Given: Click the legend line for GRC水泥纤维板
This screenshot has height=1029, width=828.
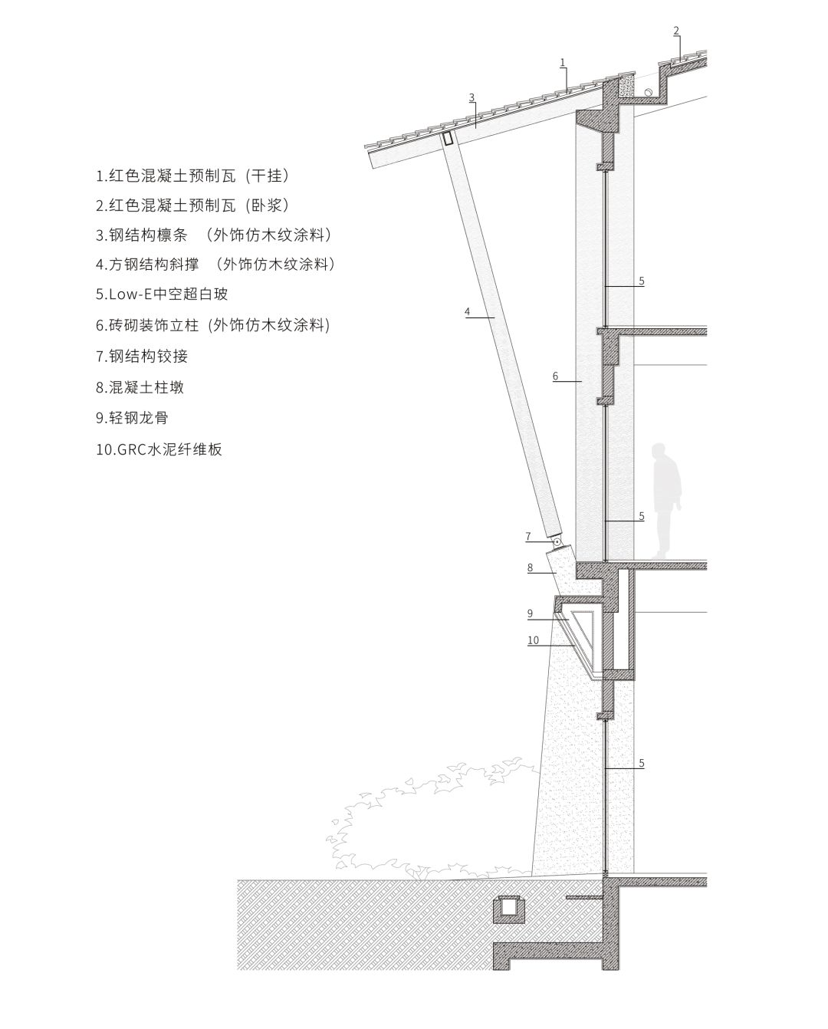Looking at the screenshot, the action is pos(159,450).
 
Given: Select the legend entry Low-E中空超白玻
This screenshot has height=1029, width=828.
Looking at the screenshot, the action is pos(162,294).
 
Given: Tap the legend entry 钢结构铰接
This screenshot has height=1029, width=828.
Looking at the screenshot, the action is pos(142,357).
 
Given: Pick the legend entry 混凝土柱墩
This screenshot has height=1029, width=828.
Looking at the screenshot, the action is pos(140,387).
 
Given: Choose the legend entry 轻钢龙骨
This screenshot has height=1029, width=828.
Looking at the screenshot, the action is pos(132,418).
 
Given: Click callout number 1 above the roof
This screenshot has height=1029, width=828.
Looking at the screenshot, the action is pos(563,62).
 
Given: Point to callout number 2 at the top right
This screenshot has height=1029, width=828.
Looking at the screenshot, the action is pos(676,31).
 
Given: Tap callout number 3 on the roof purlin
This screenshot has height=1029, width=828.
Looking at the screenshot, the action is pos(472,97).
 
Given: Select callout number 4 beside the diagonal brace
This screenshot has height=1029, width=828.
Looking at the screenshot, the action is pos(467,312).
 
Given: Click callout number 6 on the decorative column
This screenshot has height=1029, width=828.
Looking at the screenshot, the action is pos(555,376).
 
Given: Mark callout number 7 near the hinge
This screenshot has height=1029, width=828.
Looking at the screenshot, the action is pos(528,536).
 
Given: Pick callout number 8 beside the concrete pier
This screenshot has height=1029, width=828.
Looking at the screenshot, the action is pos(531,567).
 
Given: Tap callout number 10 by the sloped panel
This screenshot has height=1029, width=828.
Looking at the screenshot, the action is pos(533,639).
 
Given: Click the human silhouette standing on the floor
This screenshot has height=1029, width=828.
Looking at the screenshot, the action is pos(666,501).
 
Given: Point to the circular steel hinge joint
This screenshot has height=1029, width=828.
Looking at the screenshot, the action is pos(557,541).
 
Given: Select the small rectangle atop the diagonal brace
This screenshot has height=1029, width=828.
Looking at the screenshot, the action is pos(448,138).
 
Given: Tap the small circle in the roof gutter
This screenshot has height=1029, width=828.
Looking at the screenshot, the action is pos(648,92).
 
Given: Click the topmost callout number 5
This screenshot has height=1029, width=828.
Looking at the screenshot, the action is pos(642,281).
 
